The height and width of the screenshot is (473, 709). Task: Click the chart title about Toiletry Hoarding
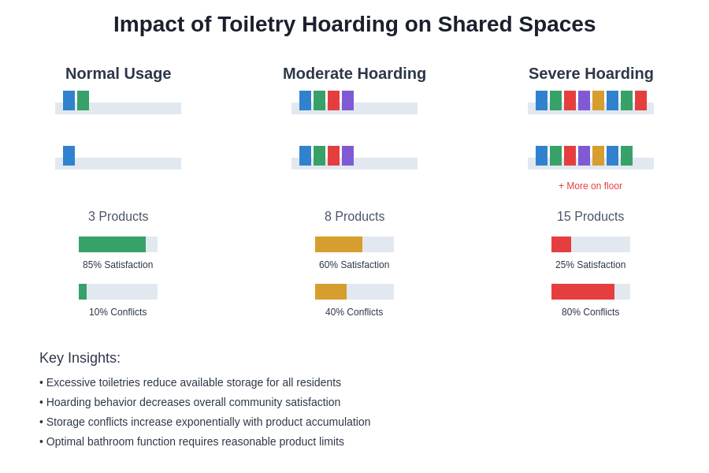[x=354, y=24]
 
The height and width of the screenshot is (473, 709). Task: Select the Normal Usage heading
[x=118, y=73]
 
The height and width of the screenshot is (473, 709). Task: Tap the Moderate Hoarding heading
[x=354, y=73]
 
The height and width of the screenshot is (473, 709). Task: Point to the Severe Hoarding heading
[x=591, y=73]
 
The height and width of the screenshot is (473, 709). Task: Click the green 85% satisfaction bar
[x=112, y=244]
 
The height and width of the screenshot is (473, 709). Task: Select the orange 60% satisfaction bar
[x=339, y=244]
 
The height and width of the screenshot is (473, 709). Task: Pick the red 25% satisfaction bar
[x=561, y=244]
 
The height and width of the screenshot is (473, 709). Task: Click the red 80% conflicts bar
[x=583, y=292]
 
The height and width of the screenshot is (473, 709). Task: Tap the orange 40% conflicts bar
[x=331, y=292]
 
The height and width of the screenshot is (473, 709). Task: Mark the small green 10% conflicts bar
[x=83, y=292]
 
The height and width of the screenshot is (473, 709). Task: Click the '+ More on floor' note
[x=590, y=186]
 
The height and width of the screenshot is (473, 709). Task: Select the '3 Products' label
[x=118, y=217]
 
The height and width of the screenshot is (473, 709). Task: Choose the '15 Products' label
[x=590, y=217]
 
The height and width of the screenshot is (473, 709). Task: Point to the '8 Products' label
[x=354, y=217]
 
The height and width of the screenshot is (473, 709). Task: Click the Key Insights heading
[x=80, y=358]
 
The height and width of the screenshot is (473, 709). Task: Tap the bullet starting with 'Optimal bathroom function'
[x=191, y=441]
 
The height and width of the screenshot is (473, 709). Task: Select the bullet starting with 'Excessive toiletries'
[x=190, y=382]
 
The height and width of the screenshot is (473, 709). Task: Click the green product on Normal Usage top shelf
[x=83, y=100]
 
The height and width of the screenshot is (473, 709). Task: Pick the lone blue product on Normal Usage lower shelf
[x=69, y=155]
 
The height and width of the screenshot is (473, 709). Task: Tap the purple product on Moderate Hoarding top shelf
[x=347, y=100]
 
